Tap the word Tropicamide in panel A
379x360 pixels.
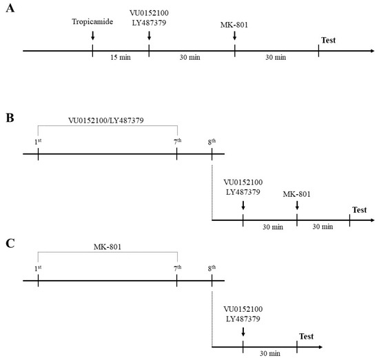coord(92,21)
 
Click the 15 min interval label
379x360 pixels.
coord(121,57)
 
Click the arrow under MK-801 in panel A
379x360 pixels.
coord(234,37)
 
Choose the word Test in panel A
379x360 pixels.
coord(328,41)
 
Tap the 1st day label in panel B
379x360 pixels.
coord(38,141)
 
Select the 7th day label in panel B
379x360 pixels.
coord(177,141)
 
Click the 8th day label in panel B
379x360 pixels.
coord(212,141)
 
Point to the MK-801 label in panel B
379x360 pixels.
coord(297,194)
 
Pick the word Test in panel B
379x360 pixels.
coord(359,209)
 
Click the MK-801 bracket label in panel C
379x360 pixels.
coord(107,246)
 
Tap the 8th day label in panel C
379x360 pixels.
coord(212,267)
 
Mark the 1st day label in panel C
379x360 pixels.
coord(38,267)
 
